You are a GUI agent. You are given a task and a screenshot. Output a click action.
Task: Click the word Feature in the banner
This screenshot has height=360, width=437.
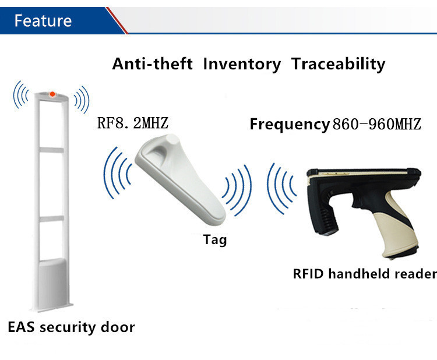(x=43, y=20)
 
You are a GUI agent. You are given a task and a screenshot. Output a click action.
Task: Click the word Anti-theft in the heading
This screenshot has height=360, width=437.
(x=153, y=64)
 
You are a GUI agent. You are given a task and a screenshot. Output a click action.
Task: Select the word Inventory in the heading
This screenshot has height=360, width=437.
(x=242, y=65)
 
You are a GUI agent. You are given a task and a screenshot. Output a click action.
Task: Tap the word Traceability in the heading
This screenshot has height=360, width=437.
(x=338, y=65)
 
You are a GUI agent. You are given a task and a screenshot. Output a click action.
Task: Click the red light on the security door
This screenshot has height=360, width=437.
(x=52, y=94)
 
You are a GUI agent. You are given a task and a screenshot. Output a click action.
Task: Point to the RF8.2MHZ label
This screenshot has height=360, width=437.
(x=133, y=123)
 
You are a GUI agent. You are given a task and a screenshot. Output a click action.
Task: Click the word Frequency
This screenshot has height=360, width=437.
(x=290, y=125)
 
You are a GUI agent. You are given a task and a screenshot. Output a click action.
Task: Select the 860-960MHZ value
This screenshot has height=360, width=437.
(x=377, y=124)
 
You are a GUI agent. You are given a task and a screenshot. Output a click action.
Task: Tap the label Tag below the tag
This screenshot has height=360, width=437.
(x=215, y=240)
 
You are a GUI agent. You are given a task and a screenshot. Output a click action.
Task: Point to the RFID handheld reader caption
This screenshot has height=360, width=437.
(x=365, y=274)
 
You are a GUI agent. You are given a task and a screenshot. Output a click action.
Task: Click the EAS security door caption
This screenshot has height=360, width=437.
(x=71, y=327)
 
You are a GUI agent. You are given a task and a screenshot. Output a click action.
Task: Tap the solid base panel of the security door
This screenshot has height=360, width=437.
(x=52, y=284)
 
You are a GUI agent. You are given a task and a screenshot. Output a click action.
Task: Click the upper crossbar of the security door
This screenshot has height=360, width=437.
(x=51, y=150)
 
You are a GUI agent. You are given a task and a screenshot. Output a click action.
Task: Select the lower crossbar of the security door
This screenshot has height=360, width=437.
(x=51, y=218)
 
